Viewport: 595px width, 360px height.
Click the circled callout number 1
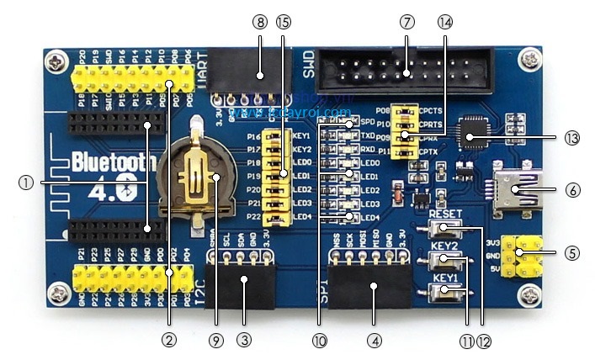point(28,183)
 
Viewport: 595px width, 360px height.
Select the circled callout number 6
point(573,191)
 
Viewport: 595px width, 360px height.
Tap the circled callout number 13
point(573,136)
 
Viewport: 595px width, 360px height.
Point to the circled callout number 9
point(215,341)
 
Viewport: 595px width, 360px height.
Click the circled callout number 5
point(573,251)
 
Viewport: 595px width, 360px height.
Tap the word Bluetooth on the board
point(111,161)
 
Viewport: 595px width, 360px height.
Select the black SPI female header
point(374,289)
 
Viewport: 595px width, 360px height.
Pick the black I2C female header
point(243,285)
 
